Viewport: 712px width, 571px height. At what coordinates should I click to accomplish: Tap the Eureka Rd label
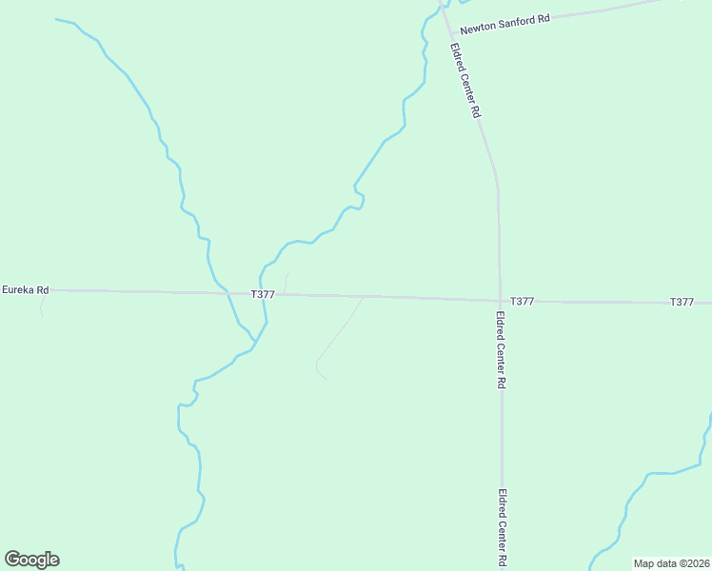tap(25, 288)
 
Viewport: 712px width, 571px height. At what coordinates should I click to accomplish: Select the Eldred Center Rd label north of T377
tap(465, 80)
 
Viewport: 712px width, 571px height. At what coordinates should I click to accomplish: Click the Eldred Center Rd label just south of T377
tap(501, 348)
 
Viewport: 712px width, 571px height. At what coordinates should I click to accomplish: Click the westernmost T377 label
tap(264, 295)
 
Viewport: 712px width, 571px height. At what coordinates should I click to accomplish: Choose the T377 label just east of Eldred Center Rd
tap(522, 301)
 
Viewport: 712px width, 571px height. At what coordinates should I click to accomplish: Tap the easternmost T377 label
tap(682, 302)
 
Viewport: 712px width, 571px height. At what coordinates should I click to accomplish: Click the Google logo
tap(31, 560)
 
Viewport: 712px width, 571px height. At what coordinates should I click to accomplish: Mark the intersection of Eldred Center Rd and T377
tap(500, 301)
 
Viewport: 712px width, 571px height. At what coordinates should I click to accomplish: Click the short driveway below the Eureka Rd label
tap(41, 305)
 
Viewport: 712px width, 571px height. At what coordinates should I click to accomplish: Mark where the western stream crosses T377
tap(228, 293)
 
